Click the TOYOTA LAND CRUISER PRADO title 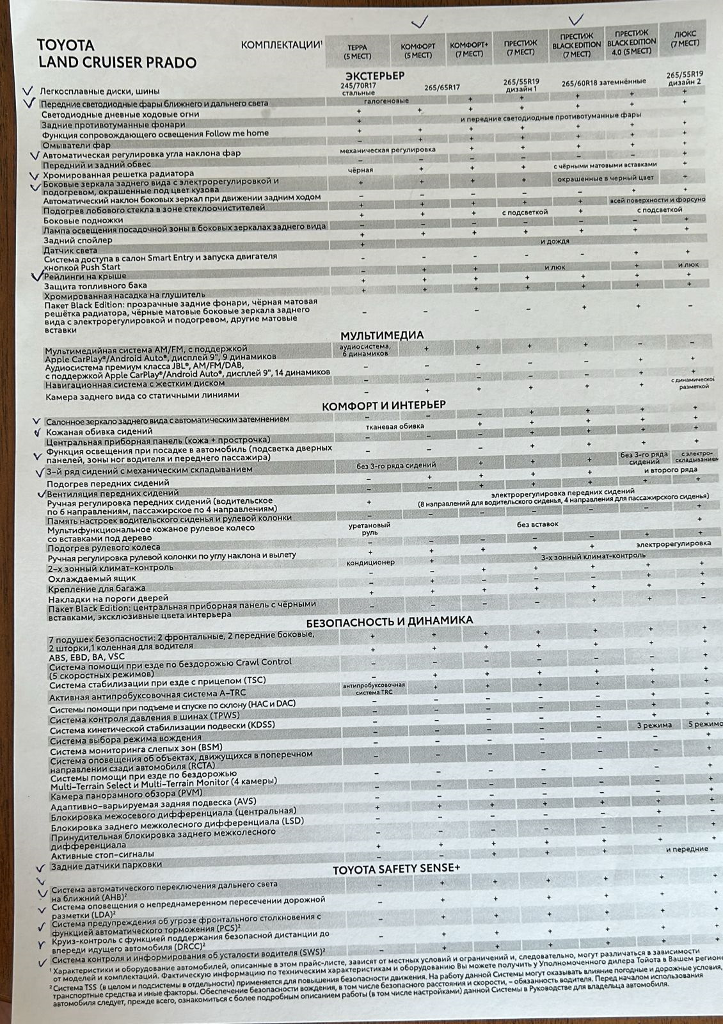[116, 54]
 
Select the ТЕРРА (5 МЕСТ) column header [357, 51]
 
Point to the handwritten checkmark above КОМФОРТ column [419, 22]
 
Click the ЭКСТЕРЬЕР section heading [375, 76]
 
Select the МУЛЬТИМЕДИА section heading [381, 335]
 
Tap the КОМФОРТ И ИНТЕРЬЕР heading [383, 406]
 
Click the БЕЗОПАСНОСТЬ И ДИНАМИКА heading [389, 621]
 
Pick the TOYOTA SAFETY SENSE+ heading [396, 868]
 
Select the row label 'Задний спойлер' [77, 240]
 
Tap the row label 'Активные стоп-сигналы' [102, 854]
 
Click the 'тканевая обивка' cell [394, 426]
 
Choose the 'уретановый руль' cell [369, 528]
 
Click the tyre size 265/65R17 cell [441, 88]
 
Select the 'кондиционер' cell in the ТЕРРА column [370, 562]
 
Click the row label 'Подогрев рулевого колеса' [104, 548]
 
